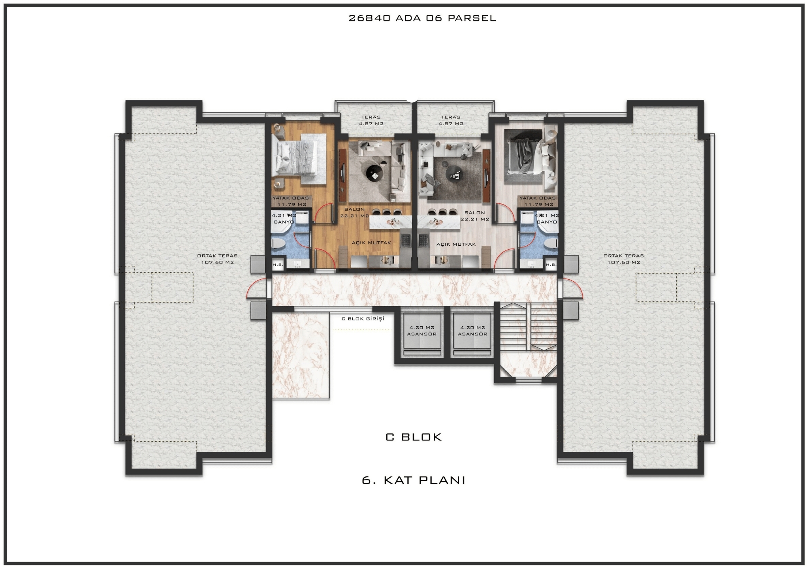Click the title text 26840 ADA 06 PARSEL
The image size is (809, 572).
[x=422, y=18]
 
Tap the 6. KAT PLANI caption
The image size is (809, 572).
[x=414, y=480]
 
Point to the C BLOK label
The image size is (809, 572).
[x=414, y=437]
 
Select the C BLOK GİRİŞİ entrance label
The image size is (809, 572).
[x=363, y=319]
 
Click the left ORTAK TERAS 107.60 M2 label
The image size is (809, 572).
[x=217, y=259]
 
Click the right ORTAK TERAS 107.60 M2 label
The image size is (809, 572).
[x=623, y=259]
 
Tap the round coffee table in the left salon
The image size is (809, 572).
[x=374, y=173]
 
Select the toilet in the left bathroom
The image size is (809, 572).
[x=278, y=243]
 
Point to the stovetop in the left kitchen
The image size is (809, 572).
[x=405, y=239]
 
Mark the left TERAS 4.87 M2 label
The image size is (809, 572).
[x=371, y=120]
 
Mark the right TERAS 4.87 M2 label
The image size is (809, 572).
[x=451, y=120]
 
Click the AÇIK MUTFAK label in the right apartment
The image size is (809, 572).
[x=456, y=245]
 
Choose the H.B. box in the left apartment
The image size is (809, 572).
[x=278, y=265]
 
